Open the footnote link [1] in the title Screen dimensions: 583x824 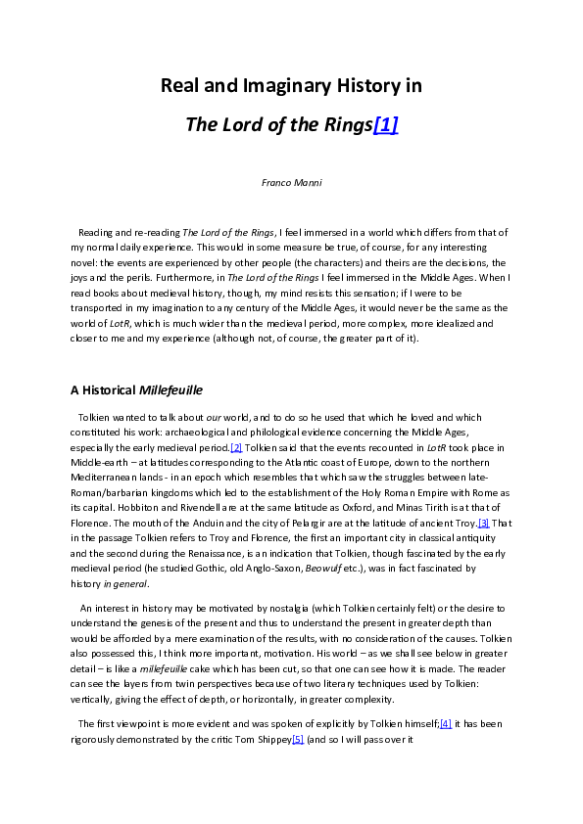(385, 126)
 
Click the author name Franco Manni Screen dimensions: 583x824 (291, 183)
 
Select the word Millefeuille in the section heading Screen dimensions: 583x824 (170, 389)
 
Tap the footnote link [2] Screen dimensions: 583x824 (236, 447)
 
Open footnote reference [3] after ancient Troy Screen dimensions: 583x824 (483, 524)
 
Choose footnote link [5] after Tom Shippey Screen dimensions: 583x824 (299, 739)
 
